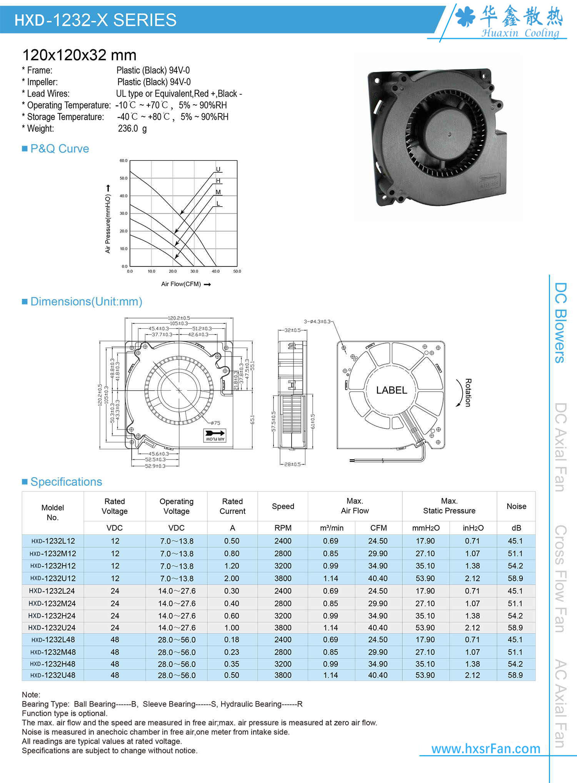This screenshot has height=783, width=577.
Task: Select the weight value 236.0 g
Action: pos(132,128)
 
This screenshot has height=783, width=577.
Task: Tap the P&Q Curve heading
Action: pos(59,149)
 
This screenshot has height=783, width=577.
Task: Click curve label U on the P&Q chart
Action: pos(218,169)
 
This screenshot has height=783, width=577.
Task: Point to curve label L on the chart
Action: pos(218,203)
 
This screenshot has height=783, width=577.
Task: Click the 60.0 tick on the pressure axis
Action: pos(123,161)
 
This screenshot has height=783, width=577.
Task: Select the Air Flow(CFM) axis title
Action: pos(181,284)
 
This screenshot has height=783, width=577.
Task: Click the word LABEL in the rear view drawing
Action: pos(391,390)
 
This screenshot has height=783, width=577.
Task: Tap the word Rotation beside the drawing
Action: pos(468,393)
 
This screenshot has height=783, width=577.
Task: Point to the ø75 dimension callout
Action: pos(215,423)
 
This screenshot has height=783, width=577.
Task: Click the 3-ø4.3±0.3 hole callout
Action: pos(317,322)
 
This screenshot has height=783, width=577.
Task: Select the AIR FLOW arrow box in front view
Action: pos(215,435)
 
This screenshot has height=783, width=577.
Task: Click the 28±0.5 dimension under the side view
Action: pos(292,464)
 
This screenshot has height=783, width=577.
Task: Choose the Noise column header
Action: pos(516,506)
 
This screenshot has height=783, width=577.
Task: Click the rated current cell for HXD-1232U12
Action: pos(232,578)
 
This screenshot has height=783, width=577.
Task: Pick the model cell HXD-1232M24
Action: pos(52,603)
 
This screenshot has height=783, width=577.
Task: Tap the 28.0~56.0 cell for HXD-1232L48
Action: pos(177,640)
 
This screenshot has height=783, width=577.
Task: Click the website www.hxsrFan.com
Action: pos(485,748)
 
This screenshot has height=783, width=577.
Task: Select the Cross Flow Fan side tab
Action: pos(560,579)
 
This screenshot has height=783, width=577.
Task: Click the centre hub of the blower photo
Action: pos(449,134)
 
